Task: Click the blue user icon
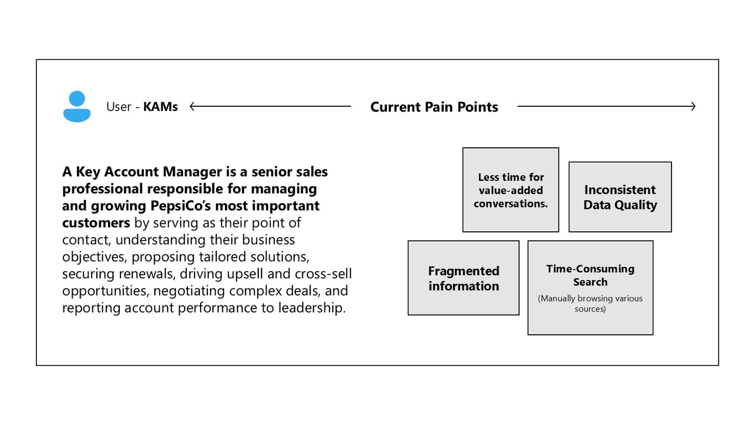coord(77,106)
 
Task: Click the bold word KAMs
coord(160,107)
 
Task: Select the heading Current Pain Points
coord(434,107)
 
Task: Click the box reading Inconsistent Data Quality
coord(620,197)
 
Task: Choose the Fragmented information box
coord(464,278)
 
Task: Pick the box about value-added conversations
coord(511,190)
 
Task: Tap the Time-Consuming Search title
coord(590,275)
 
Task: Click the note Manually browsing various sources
coord(590,303)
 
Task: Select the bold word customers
coord(96,223)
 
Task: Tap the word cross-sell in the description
coord(323,274)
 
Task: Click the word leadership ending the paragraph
coord(312,308)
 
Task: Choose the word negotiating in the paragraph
coord(189,291)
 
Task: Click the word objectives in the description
coord(95,257)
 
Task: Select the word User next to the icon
coord(119,107)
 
